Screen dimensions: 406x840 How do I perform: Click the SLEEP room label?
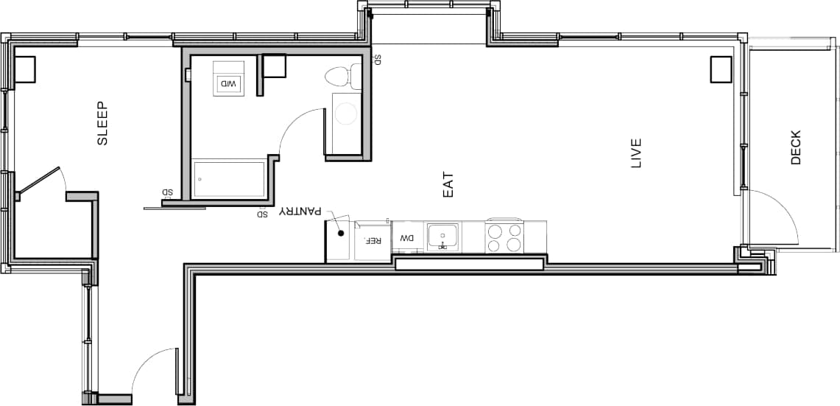(102, 123)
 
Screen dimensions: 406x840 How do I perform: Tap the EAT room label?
(448, 184)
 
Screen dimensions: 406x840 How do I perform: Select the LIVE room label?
(637, 153)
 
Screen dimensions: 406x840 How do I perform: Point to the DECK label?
(795, 147)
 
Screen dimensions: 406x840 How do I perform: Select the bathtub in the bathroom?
(229, 179)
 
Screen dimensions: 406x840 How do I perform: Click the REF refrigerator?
(373, 240)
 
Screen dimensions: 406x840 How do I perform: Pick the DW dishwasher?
(407, 238)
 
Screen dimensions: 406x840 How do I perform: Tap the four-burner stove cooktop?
(505, 237)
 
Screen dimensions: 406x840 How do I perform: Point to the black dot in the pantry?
(341, 234)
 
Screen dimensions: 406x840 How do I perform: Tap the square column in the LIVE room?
(721, 69)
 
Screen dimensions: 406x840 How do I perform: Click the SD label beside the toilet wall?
(377, 60)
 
